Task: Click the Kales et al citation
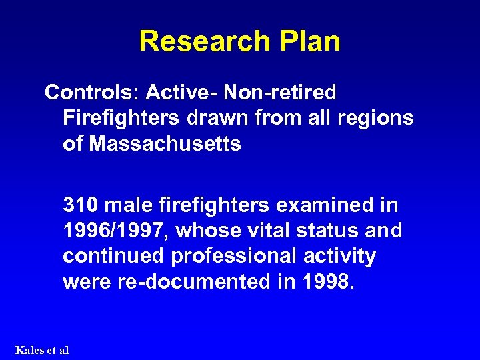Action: click(41, 349)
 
